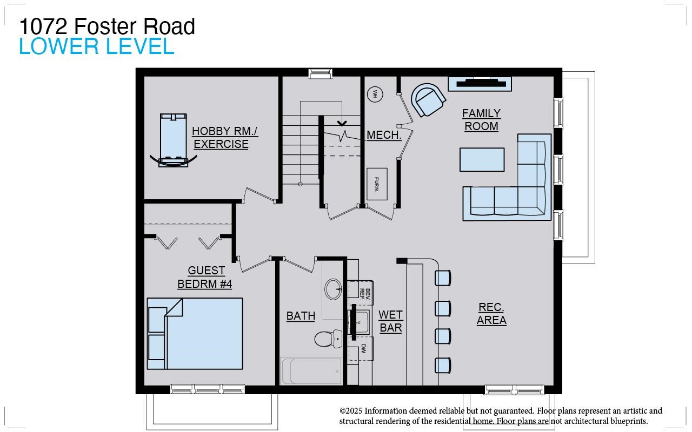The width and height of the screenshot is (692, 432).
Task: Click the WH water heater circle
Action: (x=375, y=94)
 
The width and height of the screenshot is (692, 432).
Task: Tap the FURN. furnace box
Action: (x=377, y=184)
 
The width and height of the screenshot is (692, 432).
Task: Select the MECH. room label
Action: (x=384, y=135)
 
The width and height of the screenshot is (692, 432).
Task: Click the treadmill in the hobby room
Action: (x=173, y=140)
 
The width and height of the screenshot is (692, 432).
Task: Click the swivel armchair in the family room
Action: (x=429, y=100)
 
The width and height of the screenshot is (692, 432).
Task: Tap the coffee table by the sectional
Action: (x=482, y=159)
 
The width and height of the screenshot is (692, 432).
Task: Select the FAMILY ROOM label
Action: (x=481, y=120)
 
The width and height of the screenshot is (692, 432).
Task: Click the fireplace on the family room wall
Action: (x=480, y=83)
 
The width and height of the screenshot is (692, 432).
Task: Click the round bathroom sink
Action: (x=333, y=289)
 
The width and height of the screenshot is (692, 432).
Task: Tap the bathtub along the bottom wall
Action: (x=312, y=372)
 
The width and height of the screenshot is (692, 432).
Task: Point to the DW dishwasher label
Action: (x=364, y=349)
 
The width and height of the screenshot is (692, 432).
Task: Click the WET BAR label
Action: (x=390, y=321)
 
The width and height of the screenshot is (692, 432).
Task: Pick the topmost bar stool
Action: (x=443, y=278)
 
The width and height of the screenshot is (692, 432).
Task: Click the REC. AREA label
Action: (x=491, y=314)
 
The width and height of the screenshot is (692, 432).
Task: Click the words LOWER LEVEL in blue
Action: (x=96, y=47)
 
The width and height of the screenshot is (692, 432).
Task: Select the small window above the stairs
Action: (x=320, y=73)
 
